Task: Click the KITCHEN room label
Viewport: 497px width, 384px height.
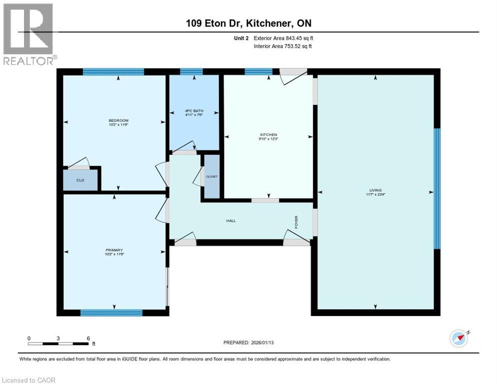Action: [268, 134]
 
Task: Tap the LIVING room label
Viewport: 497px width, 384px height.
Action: [375, 190]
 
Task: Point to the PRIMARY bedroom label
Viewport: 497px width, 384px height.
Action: [114, 250]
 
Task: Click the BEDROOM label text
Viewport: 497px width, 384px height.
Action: [118, 120]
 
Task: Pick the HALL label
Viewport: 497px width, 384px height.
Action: [230, 220]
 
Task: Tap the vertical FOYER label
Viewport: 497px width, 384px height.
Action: [296, 220]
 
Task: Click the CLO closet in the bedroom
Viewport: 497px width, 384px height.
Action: [80, 180]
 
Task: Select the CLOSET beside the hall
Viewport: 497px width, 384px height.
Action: [212, 176]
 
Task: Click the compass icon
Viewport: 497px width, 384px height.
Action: [459, 338]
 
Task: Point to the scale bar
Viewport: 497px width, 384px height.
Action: [58, 343]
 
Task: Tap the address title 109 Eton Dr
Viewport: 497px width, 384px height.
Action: [248, 23]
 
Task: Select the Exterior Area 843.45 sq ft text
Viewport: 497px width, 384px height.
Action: [283, 38]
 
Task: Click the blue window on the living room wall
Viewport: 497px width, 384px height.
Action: [436, 188]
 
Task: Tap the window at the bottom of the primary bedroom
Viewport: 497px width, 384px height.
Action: [111, 313]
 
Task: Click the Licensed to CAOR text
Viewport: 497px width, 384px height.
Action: [28, 380]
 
